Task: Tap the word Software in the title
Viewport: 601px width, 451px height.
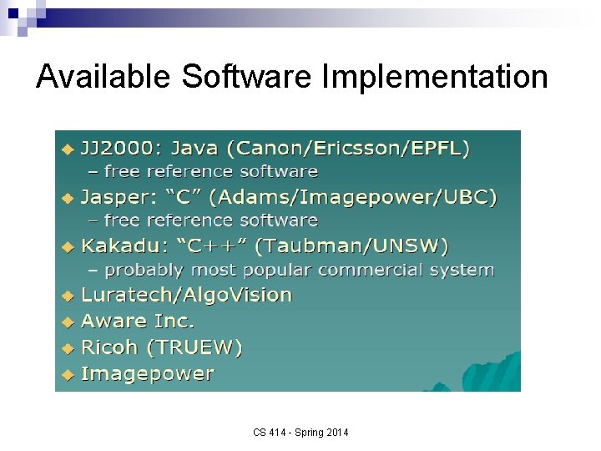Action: pyautogui.click(x=246, y=77)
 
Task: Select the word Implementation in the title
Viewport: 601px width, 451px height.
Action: pyautogui.click(x=434, y=77)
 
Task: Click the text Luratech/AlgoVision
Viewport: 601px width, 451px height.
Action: pyautogui.click(x=186, y=295)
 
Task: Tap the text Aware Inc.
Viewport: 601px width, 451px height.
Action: pyautogui.click(x=137, y=321)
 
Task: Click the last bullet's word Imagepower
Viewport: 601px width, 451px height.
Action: pyautogui.click(x=147, y=373)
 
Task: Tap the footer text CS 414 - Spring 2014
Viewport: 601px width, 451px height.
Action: pyautogui.click(x=300, y=432)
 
